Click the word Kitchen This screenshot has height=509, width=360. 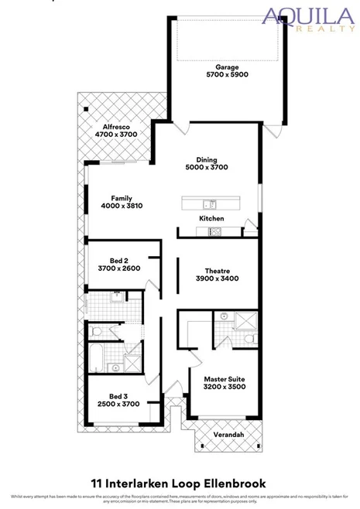(211, 219)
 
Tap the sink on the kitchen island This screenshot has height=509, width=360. (208, 204)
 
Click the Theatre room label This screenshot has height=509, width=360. (211, 270)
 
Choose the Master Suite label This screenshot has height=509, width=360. (225, 379)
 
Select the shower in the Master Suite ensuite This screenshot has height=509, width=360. (245, 320)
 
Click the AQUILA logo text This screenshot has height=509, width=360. (307, 15)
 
